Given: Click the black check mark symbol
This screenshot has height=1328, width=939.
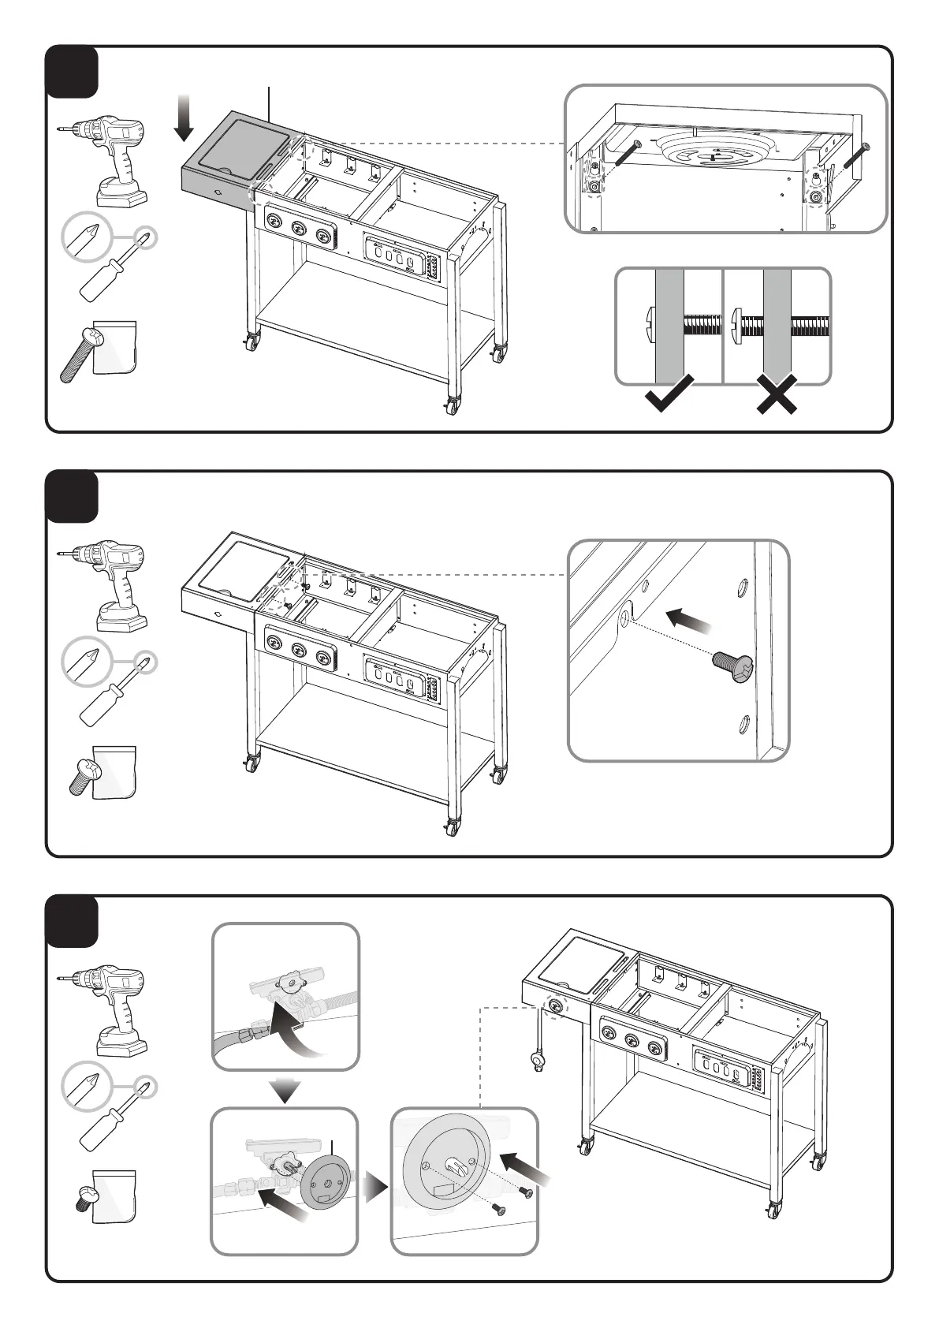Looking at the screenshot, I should click(x=669, y=394).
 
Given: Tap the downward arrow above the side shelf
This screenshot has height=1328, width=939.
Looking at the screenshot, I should click(x=184, y=117).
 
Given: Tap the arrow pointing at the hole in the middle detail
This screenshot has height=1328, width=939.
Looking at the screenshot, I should click(x=688, y=621).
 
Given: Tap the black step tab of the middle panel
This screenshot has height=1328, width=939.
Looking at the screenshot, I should click(x=72, y=496).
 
